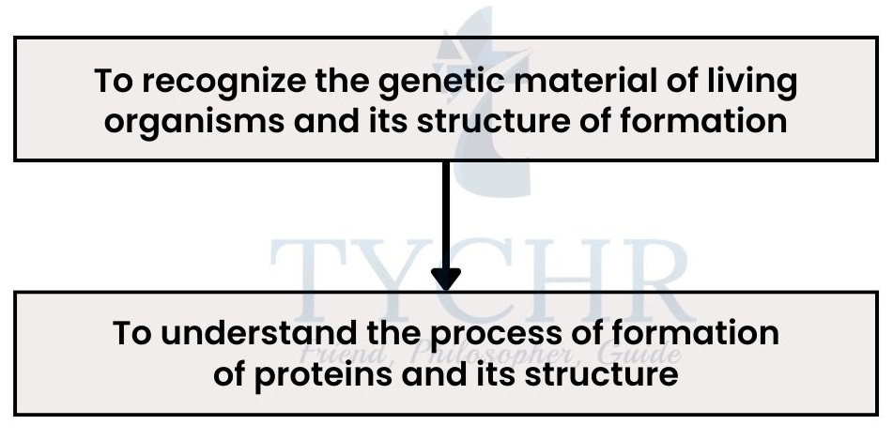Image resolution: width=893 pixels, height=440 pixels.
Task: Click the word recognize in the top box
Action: (x=223, y=81)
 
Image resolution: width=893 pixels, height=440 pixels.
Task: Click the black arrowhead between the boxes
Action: (x=445, y=279)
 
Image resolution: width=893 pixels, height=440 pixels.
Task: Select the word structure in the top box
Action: (x=494, y=121)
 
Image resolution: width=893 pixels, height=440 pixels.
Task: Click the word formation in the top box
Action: (x=703, y=121)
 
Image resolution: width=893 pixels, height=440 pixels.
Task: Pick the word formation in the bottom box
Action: (x=696, y=332)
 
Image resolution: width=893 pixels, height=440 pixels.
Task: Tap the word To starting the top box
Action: (x=114, y=81)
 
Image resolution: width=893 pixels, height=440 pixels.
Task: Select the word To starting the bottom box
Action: (x=132, y=333)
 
